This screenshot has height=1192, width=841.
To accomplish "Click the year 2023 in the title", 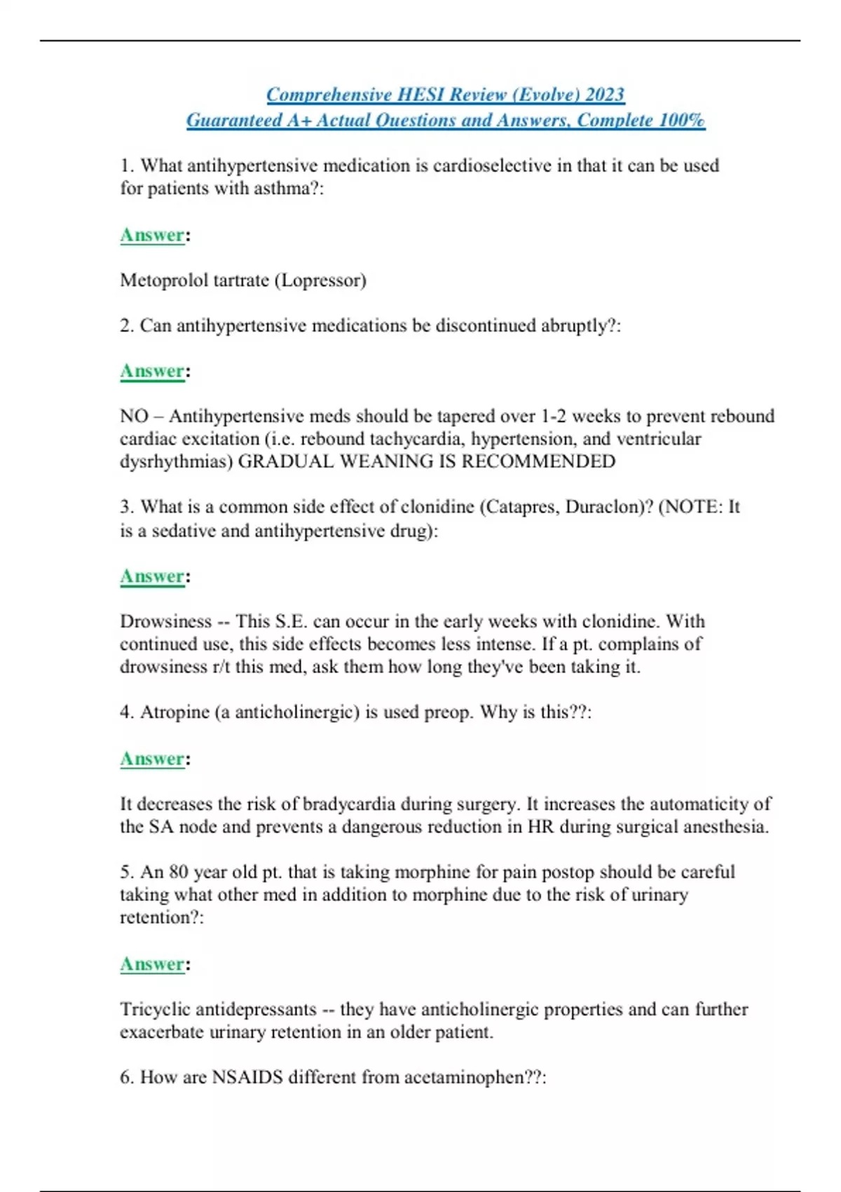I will (x=605, y=95).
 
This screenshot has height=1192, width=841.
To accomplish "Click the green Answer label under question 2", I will (x=152, y=371).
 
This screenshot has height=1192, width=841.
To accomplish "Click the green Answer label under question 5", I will (x=152, y=964).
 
